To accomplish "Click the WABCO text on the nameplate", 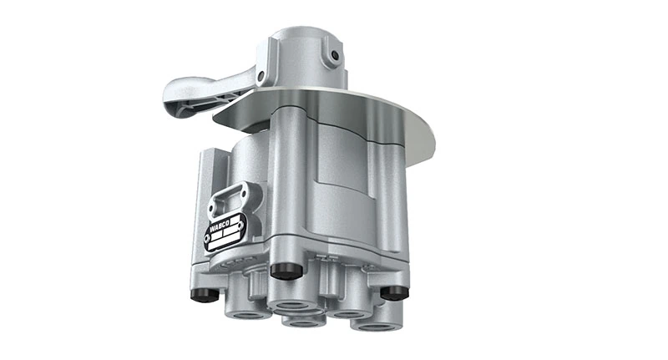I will coord(222,224).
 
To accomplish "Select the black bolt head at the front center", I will coord(286,271).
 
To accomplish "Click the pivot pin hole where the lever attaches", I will coord(261,77).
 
